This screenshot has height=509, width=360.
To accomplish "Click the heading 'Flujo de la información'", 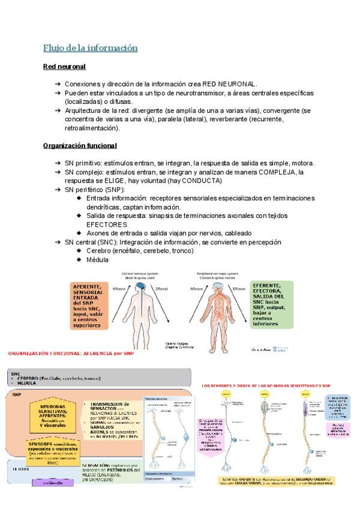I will [x=91, y=47].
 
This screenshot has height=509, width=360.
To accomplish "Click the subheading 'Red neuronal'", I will [x=64, y=67].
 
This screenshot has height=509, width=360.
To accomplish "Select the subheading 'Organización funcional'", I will [x=80, y=145].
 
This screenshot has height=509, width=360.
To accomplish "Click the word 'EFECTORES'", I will [x=107, y=224].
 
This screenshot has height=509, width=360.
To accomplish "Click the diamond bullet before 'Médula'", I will [x=80, y=259].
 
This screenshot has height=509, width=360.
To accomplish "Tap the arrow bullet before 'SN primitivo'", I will [x=56, y=163].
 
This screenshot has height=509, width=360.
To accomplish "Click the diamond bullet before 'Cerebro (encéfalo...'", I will [x=80, y=250].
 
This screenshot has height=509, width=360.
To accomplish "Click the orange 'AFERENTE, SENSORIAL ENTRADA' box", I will [x=89, y=306].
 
